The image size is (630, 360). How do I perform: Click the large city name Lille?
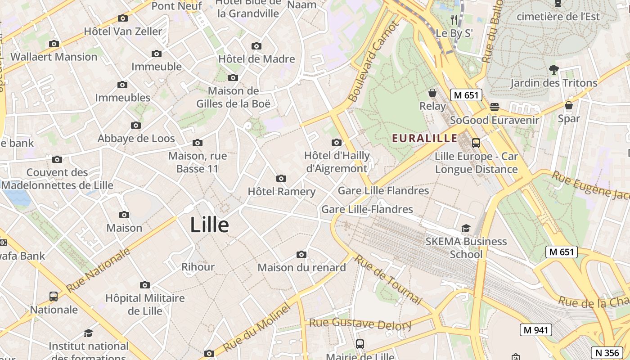click(209, 225)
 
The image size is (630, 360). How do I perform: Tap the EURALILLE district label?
click(425, 138)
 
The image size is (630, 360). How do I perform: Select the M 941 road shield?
click(535, 330)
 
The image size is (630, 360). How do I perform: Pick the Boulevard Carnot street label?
click(373, 62)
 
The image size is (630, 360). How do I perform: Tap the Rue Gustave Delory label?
click(360, 323)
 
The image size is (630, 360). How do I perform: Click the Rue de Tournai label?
click(388, 279)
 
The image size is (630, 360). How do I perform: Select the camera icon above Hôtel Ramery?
click(281, 178)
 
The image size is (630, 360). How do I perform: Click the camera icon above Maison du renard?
click(301, 255)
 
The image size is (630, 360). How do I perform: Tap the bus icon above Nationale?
click(54, 297)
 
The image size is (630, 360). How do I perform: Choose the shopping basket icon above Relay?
click(432, 93)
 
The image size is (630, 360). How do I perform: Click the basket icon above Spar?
click(569, 106)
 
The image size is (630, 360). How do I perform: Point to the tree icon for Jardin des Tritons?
click(553, 70)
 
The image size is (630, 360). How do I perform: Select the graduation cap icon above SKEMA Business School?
click(466, 229)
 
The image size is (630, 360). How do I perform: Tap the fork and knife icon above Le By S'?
click(454, 20)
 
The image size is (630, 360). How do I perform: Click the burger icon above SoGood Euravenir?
click(495, 107)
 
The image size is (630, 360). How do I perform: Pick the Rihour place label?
click(198, 267)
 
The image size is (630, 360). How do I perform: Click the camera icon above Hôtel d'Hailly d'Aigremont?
click(336, 143)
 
